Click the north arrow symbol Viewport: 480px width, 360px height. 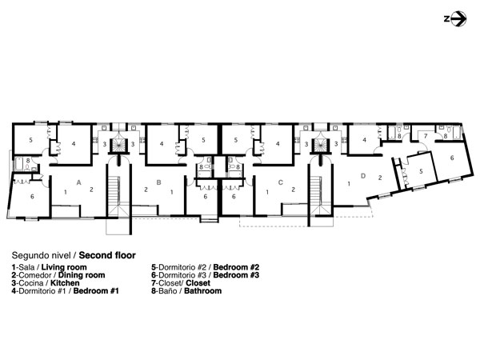click(x=458, y=19)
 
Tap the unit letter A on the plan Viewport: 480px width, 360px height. click(x=78, y=182)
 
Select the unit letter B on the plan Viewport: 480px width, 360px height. click(x=158, y=182)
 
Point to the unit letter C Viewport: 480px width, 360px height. click(x=281, y=182)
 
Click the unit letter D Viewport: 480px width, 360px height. click(x=363, y=176)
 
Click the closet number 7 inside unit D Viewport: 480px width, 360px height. click(x=426, y=136)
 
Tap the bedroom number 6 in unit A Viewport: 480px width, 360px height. click(x=32, y=197)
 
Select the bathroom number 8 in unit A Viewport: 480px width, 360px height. click(x=28, y=161)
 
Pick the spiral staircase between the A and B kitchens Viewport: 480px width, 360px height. click(x=118, y=145)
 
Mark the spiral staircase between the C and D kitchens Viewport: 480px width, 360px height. click(x=321, y=145)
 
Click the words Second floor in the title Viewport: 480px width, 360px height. click(x=107, y=255)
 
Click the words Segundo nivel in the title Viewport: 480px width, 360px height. click(x=41, y=255)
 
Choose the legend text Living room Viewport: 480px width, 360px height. click(x=64, y=267)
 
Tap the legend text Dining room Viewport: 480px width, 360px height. click(x=82, y=275)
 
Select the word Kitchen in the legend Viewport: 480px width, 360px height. click(x=65, y=283)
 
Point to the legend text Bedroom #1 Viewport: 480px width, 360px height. click(x=96, y=291)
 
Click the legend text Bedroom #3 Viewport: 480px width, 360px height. click(x=236, y=275)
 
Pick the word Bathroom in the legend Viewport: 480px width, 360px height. click(x=202, y=291)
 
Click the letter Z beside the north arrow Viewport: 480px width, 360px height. click(x=446, y=19)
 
